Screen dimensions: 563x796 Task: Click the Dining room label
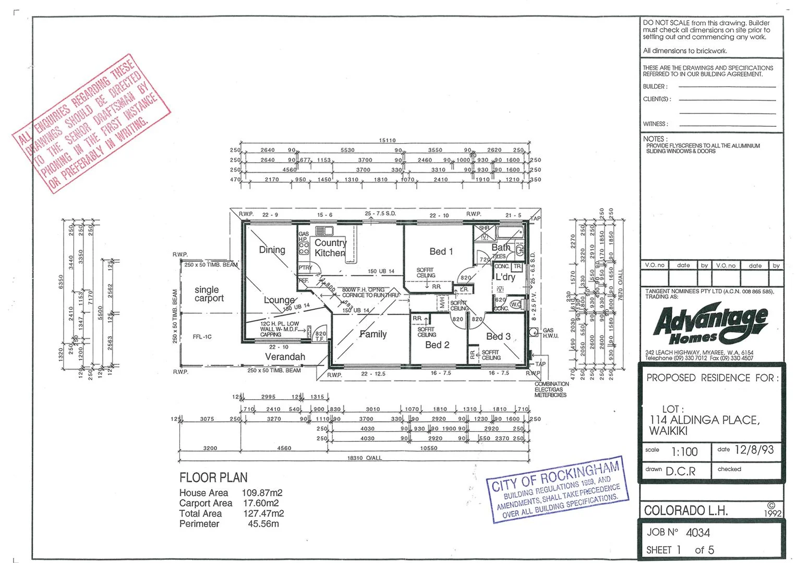[272, 250]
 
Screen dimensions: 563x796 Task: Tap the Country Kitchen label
[330, 248]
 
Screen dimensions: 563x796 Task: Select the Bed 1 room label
[441, 251]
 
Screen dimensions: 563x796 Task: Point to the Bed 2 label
[437, 345]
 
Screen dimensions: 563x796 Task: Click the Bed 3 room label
[498, 336]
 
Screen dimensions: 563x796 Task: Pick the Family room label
[373, 334]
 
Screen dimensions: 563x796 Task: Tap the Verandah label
[285, 357]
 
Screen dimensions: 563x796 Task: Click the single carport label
[209, 294]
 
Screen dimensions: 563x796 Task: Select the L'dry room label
[505, 277]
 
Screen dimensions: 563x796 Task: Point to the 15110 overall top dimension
[387, 140]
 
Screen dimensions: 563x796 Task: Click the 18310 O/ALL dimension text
[364, 458]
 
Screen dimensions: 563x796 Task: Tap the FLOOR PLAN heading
[213, 478]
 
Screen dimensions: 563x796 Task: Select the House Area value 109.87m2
[262, 493]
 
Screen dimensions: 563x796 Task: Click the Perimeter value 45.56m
[263, 524]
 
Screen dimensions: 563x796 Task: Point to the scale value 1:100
[684, 451]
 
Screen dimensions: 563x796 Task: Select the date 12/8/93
[754, 450]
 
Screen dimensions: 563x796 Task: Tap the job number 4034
[697, 532]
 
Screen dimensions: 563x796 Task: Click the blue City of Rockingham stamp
[556, 490]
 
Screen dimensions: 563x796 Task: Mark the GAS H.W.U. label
[550, 333]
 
